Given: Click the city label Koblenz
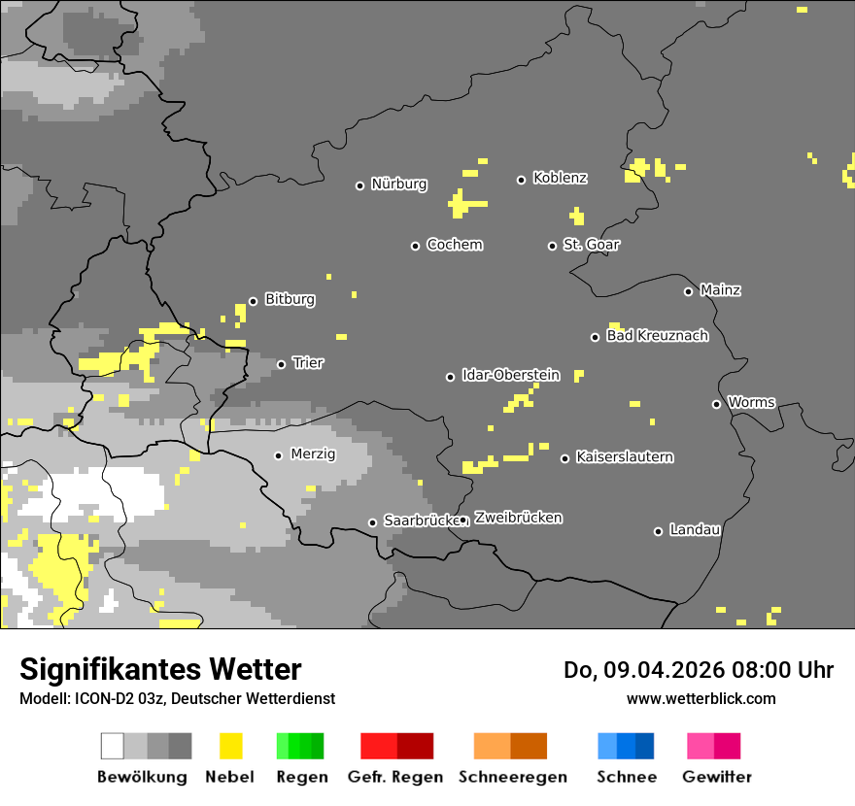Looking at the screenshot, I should coord(560,179).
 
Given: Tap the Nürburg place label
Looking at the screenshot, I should coord(398,185).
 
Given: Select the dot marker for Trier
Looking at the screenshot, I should coord(282,364).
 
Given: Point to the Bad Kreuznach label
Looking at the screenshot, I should coord(657,336).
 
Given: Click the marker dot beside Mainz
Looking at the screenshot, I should coord(689,291).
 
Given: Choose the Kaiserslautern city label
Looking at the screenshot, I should coord(624,457).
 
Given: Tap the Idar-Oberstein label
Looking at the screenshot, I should coord(510,376).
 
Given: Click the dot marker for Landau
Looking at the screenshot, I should coord(659,531).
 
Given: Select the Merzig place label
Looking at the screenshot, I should coord(313,454).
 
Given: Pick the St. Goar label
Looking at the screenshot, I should coord(591,245).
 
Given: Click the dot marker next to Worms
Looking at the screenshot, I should coord(717,404).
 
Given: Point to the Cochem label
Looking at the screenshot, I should coord(454,245).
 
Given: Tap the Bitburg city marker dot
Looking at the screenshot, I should coord(254,301).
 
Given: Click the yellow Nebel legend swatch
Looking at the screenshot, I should coord(230,746).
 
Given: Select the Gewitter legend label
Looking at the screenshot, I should coord(716,777).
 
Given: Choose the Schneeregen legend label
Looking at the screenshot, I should coord(512,777).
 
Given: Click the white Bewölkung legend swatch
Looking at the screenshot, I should coord(113,746).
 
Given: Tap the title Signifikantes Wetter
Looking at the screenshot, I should coord(160,670).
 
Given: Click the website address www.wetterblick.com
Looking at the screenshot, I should coord(701,698).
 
